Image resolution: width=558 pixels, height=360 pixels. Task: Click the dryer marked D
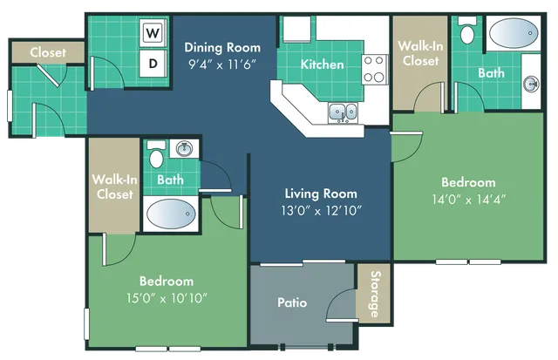[153, 63]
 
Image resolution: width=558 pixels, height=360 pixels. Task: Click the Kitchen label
[322, 64]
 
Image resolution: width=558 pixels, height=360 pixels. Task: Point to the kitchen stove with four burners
[375, 70]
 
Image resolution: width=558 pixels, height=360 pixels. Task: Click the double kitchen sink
[341, 112]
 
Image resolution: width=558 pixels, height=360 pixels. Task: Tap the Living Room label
[321, 194]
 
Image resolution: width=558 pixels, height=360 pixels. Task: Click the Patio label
[292, 303]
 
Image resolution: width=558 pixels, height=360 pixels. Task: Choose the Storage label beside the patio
[374, 295]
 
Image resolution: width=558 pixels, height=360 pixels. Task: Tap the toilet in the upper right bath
[467, 35]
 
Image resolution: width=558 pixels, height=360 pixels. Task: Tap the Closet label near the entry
[48, 52]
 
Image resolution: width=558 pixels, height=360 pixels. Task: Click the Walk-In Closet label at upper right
[420, 53]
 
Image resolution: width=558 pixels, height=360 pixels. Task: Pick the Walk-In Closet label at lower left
[113, 187]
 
